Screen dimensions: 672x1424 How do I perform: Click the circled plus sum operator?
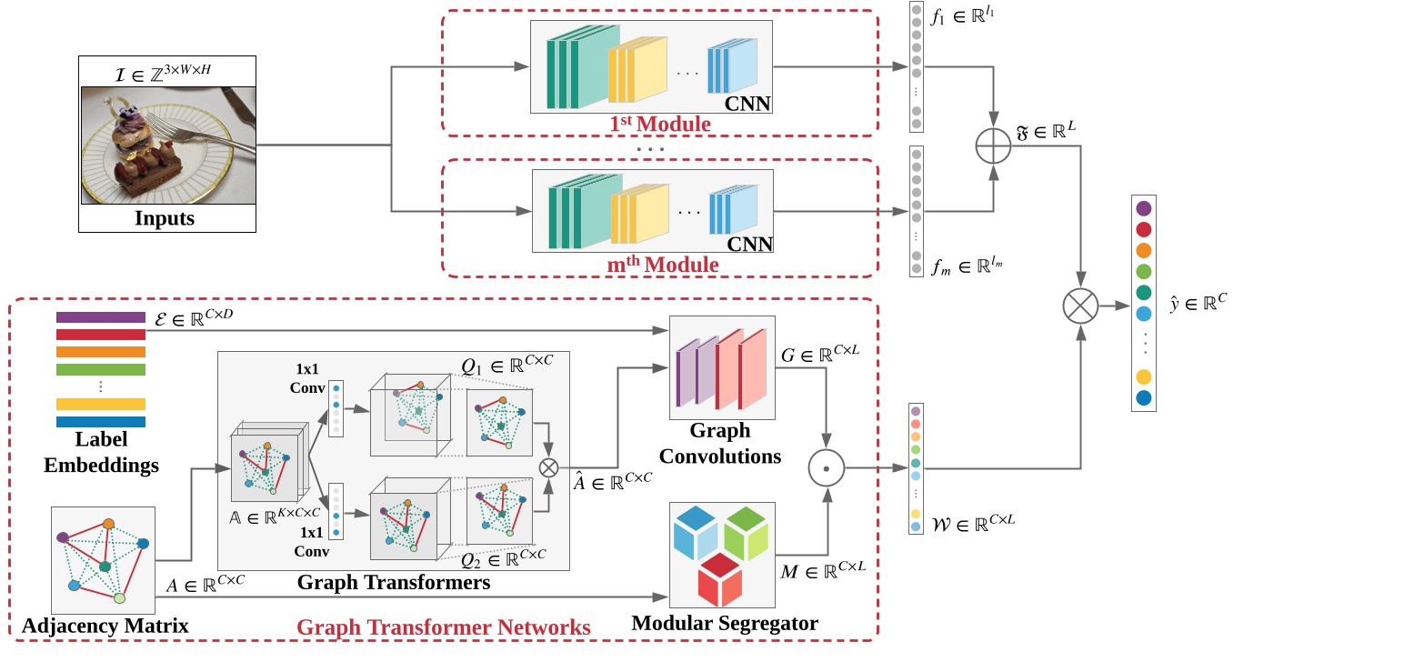pos(993,146)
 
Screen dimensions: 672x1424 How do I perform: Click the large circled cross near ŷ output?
pos(1080,306)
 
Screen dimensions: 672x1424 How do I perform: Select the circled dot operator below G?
pos(827,469)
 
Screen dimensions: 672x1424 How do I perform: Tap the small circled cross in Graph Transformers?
pos(548,467)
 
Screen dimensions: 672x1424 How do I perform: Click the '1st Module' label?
pos(659,123)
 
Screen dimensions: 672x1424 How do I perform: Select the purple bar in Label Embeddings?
pos(101,317)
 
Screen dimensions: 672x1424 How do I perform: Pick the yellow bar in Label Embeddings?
pos(101,404)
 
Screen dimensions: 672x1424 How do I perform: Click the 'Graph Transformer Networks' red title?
pos(444,627)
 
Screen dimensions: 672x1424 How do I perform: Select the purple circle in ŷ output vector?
pos(1144,208)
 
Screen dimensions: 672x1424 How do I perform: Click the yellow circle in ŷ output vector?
pos(1144,376)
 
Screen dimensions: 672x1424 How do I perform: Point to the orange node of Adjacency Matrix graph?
pos(109,523)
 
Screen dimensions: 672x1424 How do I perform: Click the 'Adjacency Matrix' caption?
pos(105,626)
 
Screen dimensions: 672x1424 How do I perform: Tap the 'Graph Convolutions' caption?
pos(719,443)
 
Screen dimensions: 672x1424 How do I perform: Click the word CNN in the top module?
pos(749,104)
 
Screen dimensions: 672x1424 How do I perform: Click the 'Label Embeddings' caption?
pos(101,452)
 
